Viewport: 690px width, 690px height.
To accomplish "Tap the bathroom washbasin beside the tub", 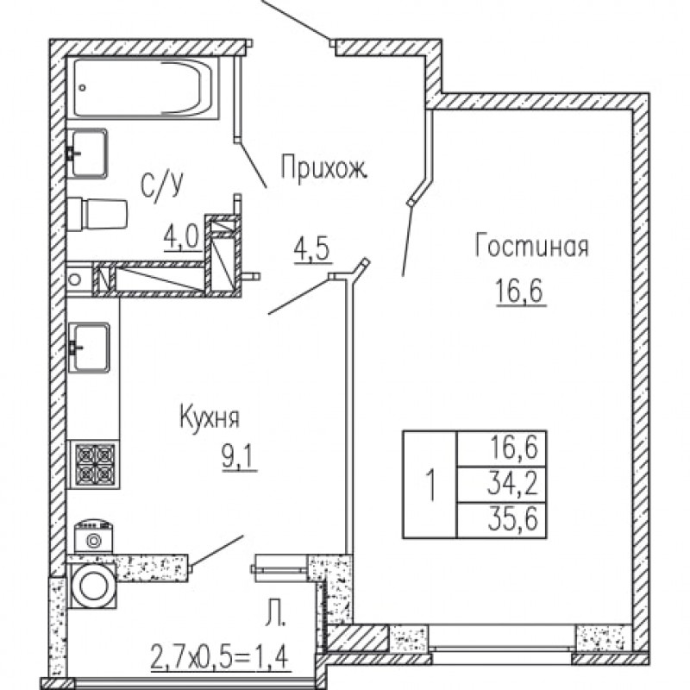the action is point(87,154).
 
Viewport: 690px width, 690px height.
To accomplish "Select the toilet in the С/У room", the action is point(97,213).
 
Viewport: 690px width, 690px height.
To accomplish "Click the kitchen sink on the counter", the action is point(88,348).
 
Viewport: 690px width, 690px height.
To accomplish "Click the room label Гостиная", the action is point(531,246).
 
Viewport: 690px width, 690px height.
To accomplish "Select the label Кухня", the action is point(210,417).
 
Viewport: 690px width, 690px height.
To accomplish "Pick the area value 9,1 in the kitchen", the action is point(240,459).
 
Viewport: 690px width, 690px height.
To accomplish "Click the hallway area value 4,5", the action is point(312,250).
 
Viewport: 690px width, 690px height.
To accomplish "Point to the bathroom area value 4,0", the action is point(181,240).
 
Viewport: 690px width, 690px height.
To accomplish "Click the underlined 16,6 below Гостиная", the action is point(520,291).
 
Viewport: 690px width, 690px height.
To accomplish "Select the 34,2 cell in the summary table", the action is point(512,484).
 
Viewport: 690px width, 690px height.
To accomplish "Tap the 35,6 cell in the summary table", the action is point(512,520).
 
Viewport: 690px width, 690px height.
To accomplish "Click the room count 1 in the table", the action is point(432,485).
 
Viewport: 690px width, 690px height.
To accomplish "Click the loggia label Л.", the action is point(275,616).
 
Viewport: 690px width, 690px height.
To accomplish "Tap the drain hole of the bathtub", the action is point(83,88).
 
